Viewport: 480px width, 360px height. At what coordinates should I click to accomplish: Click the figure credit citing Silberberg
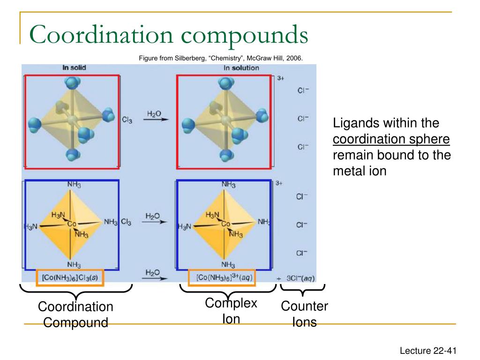[x=221, y=58]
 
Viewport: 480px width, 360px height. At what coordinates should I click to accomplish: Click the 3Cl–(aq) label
[x=300, y=278]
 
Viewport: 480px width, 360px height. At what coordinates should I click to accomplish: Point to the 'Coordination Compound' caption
[x=75, y=315]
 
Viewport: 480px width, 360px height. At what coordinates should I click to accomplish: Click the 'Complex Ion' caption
[x=231, y=311]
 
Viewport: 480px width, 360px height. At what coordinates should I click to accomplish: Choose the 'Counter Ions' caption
[x=304, y=315]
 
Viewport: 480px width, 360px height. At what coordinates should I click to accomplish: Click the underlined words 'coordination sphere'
[x=391, y=139]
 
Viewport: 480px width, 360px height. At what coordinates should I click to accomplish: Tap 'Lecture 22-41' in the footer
[x=427, y=350]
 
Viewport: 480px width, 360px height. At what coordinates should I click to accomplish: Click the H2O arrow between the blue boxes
[x=153, y=219]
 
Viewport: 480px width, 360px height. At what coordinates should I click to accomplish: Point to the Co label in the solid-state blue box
[x=72, y=224]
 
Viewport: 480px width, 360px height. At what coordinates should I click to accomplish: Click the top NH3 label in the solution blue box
[x=229, y=184]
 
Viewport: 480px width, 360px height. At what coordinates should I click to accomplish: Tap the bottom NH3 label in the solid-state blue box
[x=74, y=263]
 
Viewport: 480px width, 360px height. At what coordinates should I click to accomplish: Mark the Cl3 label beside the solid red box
[x=127, y=120]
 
